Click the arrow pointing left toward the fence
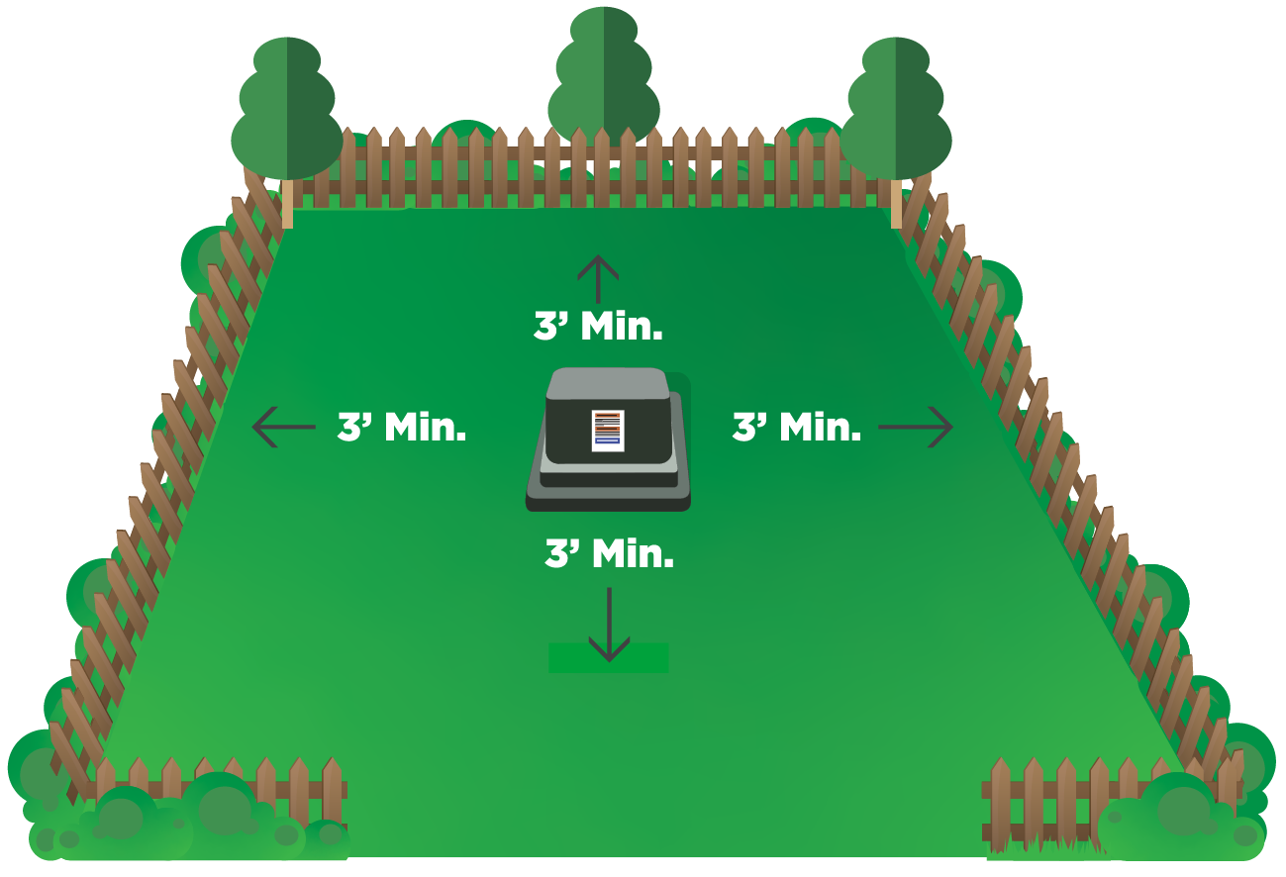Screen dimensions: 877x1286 coord(283,428)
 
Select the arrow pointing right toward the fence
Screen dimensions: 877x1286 coord(916,428)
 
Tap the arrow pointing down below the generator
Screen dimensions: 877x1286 coord(609,624)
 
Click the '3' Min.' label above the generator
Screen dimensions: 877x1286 coord(598,327)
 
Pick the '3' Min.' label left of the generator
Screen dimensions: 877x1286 coord(402,428)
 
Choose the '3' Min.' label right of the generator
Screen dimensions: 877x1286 coord(796,428)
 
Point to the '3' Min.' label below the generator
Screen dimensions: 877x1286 coord(609,554)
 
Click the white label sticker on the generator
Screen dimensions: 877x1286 coord(606,430)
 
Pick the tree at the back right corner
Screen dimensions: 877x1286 coord(896,109)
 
